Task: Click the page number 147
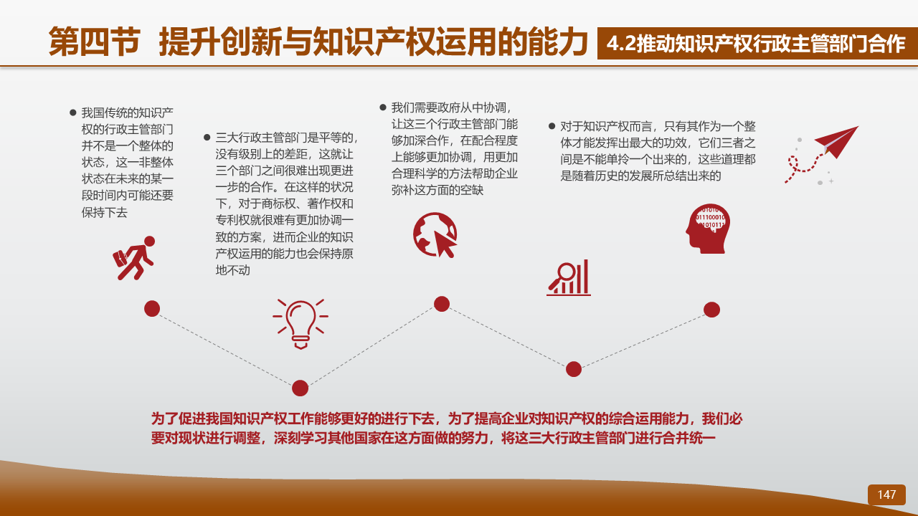pos(886,494)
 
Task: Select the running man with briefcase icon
pos(134,258)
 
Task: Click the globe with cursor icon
pos(435,235)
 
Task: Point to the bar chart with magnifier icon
pos(569,277)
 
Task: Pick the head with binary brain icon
pos(708,229)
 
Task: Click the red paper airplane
pos(836,141)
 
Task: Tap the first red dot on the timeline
pos(152,308)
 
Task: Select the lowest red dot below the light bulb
pos(300,388)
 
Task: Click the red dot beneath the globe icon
pos(441,304)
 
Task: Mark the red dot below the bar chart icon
pos(574,369)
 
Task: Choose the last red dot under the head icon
pos(712,310)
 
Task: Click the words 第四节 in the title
pos(95,42)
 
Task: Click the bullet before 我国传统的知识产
pos(73,113)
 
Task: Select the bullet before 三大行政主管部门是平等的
pos(207,137)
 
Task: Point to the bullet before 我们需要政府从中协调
pos(383,107)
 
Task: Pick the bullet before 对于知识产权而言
pos(552,125)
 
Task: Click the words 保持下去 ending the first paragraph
pos(105,212)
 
